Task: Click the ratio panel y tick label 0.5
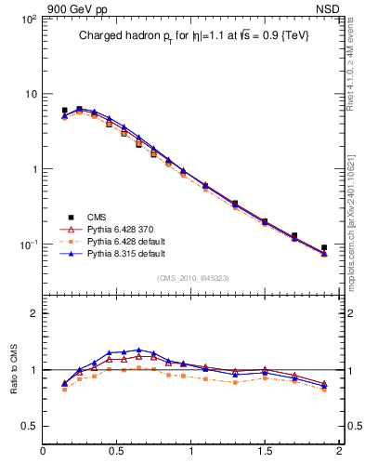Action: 28,427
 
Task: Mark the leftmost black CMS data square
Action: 64,111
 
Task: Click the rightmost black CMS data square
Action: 324,248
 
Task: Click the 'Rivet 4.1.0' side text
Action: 356,84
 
